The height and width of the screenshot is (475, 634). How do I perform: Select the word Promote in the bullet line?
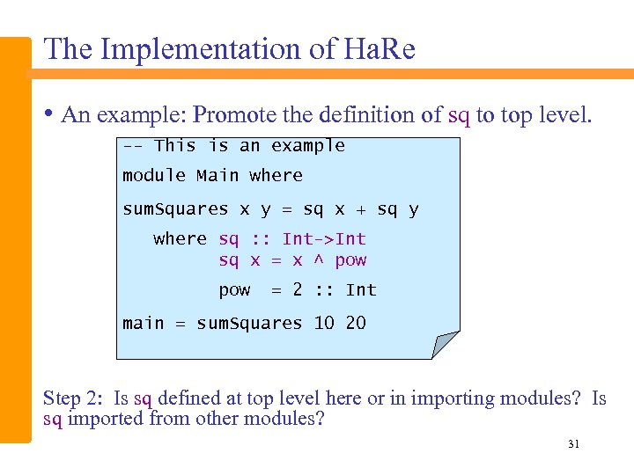(x=230, y=115)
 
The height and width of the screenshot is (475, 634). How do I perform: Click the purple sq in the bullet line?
(x=459, y=115)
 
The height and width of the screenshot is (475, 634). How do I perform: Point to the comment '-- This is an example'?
(x=233, y=146)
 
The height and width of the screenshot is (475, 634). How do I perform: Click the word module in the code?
(x=154, y=176)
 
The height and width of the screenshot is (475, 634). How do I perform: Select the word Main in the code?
(x=217, y=176)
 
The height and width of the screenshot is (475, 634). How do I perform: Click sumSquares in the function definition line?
(x=175, y=209)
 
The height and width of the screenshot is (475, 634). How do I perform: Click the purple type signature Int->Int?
(x=324, y=239)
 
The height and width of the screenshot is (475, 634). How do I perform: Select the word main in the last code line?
(x=143, y=324)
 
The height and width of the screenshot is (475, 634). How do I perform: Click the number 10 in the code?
(x=324, y=324)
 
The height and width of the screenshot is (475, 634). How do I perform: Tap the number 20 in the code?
(x=356, y=324)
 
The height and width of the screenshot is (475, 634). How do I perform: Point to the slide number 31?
(x=573, y=444)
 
